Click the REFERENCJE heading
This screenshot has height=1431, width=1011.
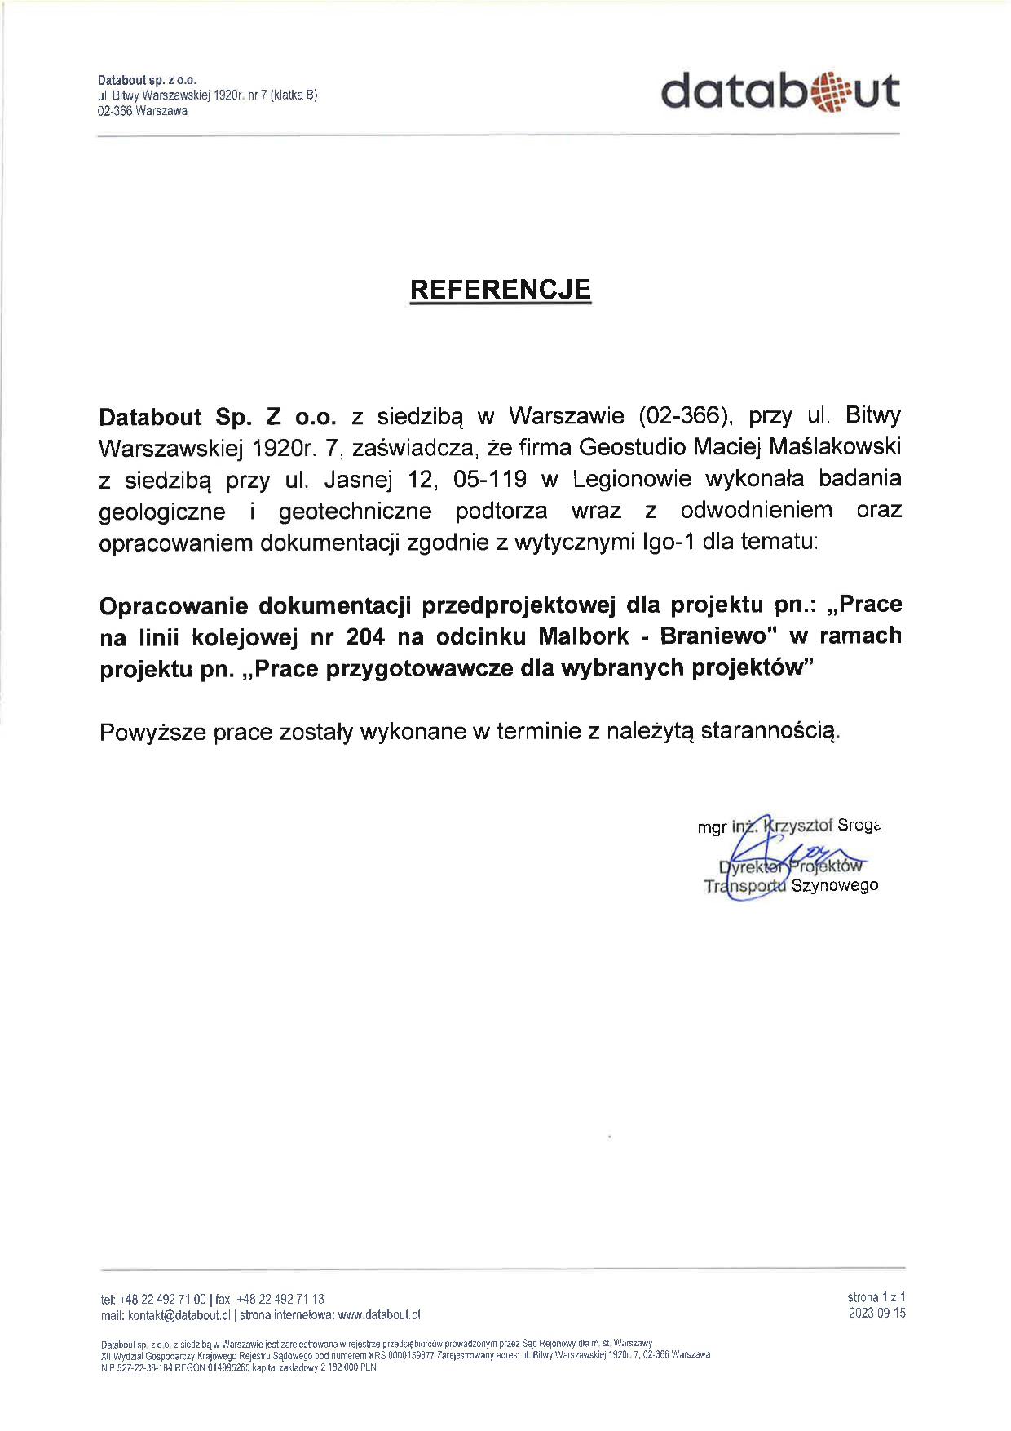(500, 290)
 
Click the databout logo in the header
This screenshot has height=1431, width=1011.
(779, 91)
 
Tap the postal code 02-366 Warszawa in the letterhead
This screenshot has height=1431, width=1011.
(143, 111)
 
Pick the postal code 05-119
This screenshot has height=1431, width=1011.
(490, 479)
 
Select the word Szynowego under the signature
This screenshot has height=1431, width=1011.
(834, 885)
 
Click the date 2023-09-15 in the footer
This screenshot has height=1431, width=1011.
(876, 1314)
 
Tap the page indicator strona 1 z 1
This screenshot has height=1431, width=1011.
(876, 1296)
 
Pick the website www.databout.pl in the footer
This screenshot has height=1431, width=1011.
(378, 1315)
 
